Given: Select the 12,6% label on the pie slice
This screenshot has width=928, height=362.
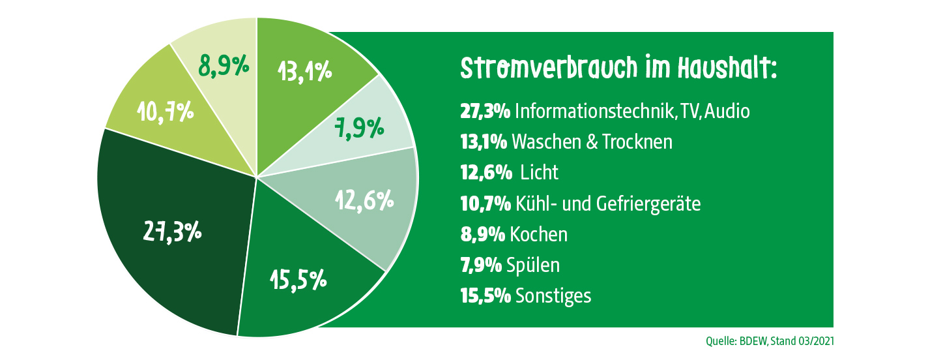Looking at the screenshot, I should [x=364, y=199].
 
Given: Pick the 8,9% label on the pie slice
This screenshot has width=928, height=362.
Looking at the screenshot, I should [x=224, y=65].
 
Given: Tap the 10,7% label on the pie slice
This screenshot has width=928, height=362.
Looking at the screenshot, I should [x=165, y=112].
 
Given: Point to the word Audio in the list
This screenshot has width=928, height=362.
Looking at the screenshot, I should [x=727, y=111].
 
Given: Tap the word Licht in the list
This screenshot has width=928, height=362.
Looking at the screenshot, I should [x=540, y=172].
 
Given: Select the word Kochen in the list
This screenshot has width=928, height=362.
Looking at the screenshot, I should [x=539, y=234].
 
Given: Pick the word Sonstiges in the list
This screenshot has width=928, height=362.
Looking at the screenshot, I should [x=553, y=296].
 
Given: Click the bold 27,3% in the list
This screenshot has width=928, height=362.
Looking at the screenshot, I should [x=485, y=111].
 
